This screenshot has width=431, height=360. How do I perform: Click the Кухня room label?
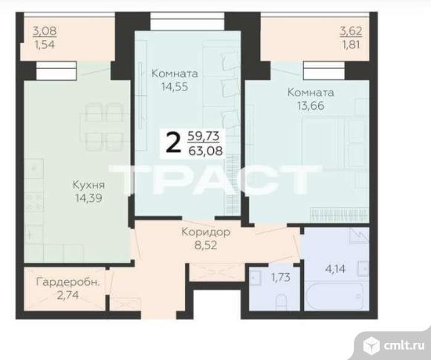tap(88, 185)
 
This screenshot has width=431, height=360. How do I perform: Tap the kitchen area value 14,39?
tap(88, 198)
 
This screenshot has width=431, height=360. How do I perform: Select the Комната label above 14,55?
tap(175, 73)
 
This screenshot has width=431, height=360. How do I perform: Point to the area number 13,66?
tap(311, 105)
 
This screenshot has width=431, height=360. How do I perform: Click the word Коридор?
tap(206, 232)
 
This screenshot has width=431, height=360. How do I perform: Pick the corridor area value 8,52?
tap(206, 245)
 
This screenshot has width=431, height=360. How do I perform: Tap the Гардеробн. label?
tap(68, 282)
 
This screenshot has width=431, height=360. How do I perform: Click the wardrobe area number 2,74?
tap(68, 295)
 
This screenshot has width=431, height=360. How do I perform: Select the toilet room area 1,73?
tap(281, 278)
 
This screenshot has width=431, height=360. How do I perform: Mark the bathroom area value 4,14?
tap(335, 269)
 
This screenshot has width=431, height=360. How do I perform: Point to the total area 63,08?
tap(206, 151)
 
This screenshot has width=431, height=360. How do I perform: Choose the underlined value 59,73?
tap(204, 136)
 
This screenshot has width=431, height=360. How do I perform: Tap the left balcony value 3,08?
tap(45, 30)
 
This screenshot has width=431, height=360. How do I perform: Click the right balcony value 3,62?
tap(351, 31)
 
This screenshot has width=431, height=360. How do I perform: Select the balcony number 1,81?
tap(351, 45)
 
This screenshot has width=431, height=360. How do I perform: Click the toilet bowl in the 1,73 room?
tap(281, 301)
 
